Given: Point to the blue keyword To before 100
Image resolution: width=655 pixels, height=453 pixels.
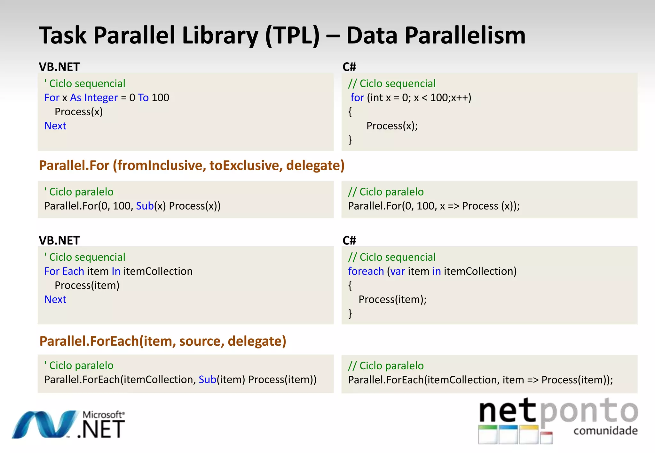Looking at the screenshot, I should (143, 98).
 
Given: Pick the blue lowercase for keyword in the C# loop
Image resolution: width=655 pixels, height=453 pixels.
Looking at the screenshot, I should (357, 98).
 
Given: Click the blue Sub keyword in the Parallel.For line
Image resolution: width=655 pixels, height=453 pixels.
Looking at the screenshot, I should (145, 206).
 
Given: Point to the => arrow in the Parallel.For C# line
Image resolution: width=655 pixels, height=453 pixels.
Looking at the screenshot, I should (453, 206).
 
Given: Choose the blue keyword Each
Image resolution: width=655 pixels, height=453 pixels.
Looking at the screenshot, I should (73, 271).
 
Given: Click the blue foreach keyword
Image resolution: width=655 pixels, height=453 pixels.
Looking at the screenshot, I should (366, 271).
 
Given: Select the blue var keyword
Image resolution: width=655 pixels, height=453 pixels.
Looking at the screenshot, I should (398, 271).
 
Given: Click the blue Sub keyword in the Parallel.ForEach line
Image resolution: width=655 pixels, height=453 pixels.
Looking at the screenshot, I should (207, 380).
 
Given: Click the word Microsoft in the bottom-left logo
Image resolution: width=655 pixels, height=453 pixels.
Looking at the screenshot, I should (103, 415).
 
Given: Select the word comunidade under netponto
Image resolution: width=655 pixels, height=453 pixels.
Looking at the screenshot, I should (605, 431).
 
